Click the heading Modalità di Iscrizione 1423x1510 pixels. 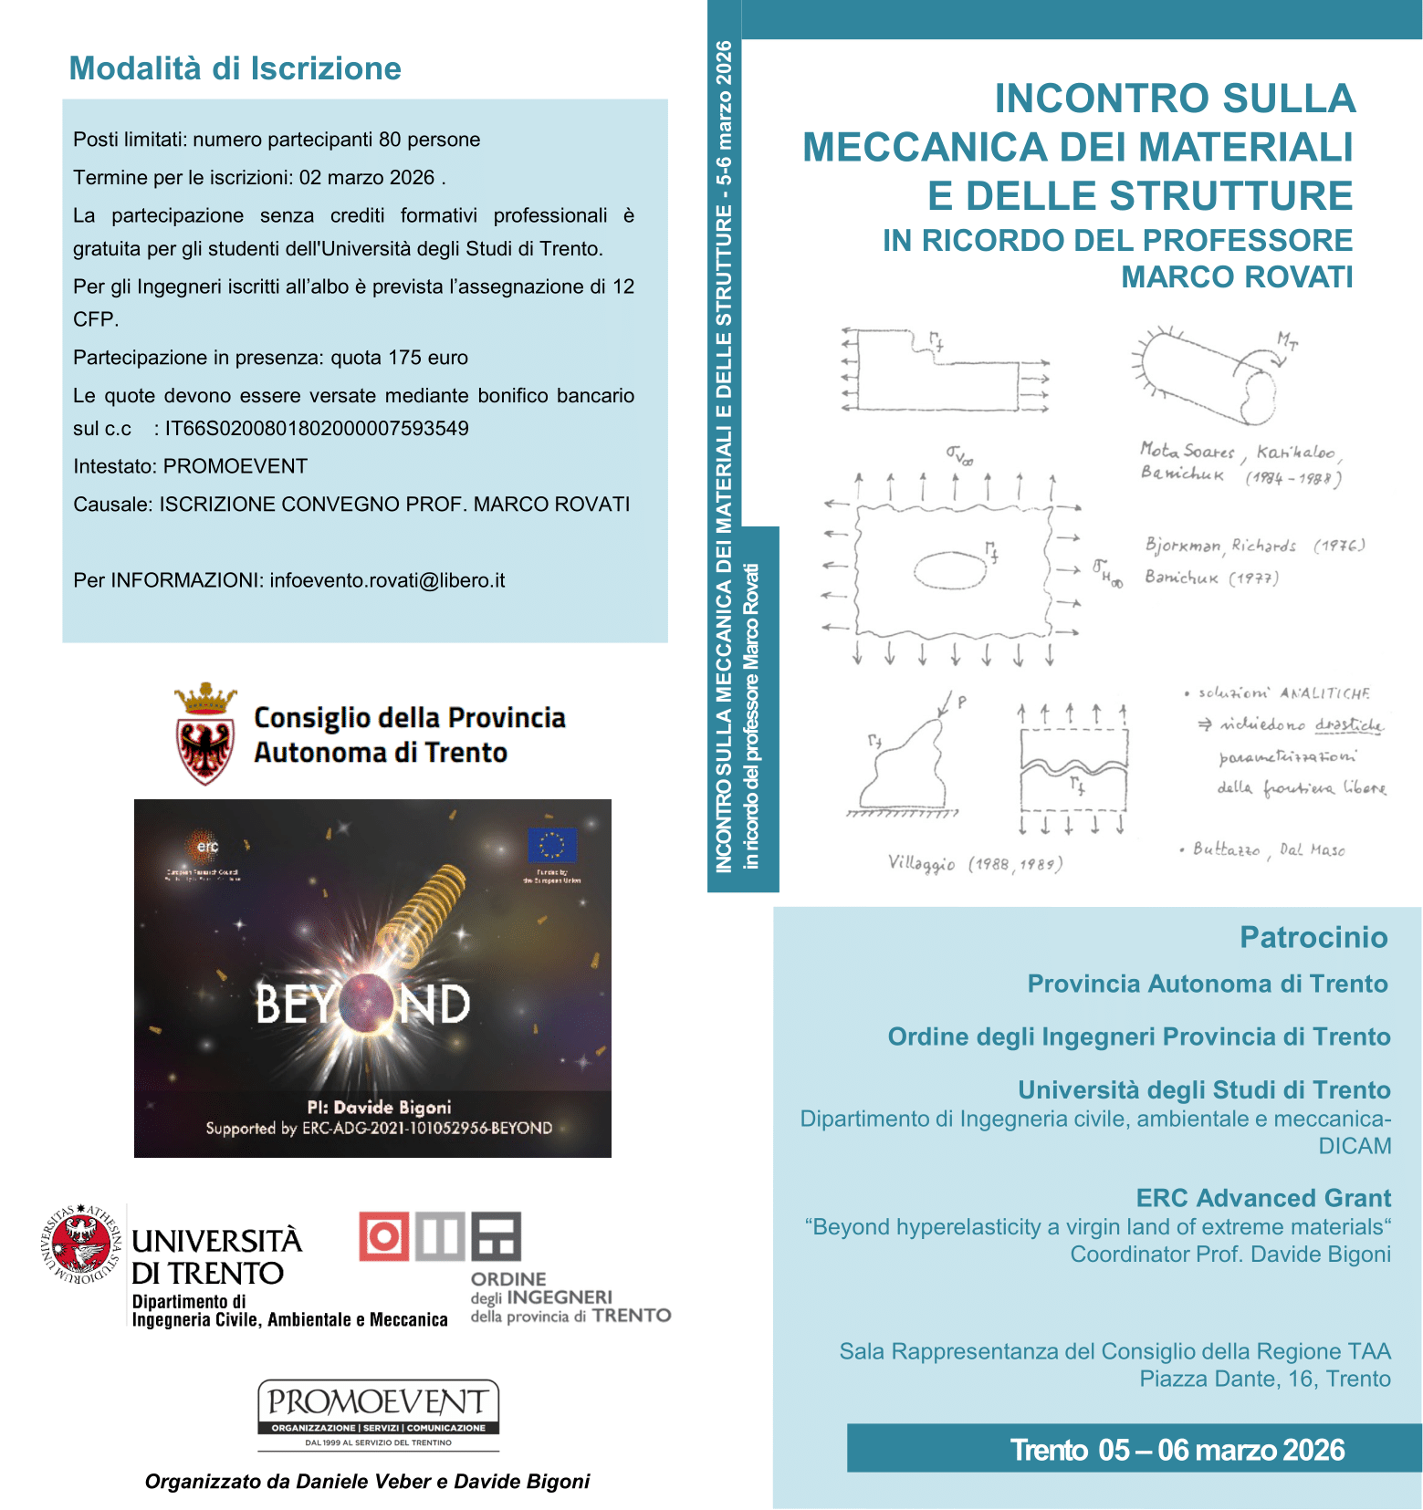pyautogui.click(x=235, y=68)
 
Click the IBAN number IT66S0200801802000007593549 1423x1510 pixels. pyautogui.click(x=316, y=429)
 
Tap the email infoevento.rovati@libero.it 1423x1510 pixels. pyautogui.click(x=387, y=580)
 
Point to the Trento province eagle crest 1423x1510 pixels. pyautogui.click(x=205, y=734)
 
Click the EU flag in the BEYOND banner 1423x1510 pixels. pyautogui.click(x=552, y=845)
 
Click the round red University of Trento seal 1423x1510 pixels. pyautogui.click(x=82, y=1244)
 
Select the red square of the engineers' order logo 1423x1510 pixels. pyautogui.click(x=384, y=1236)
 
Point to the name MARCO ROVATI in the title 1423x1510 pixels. pyautogui.click(x=1237, y=276)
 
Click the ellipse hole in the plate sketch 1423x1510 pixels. pyautogui.click(x=950, y=570)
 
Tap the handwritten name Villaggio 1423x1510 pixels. pyautogui.click(x=922, y=863)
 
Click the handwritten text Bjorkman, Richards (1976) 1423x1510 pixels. pyautogui.click(x=1255, y=546)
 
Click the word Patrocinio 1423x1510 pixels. pyautogui.click(x=1313, y=937)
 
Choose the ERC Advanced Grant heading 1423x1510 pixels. pyautogui.click(x=1263, y=1198)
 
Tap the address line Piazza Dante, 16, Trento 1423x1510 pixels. pyautogui.click(x=1264, y=1379)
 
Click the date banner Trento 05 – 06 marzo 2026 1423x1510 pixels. pyautogui.click(x=1177, y=1450)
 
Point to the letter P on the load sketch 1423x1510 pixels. pyautogui.click(x=962, y=702)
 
